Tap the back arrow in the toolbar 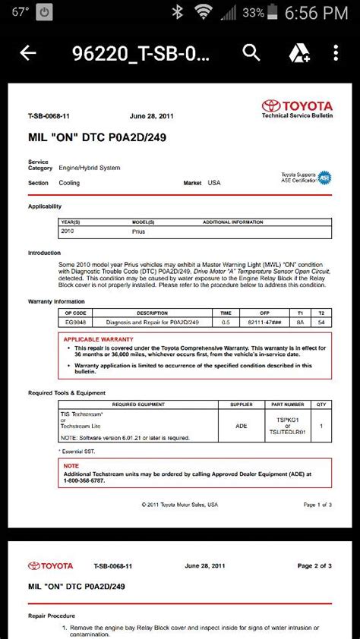click(28, 52)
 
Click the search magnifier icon click(251, 52)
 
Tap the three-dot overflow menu click(336, 52)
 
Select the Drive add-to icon click(298, 52)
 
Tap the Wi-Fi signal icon click(203, 12)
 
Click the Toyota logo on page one click(297, 108)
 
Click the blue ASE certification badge click(324, 178)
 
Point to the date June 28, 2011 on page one click(151, 117)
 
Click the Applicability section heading click(45, 206)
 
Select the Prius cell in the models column click(139, 231)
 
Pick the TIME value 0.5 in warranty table click(226, 322)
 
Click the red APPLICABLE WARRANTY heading click(98, 339)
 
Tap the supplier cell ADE click(242, 426)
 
